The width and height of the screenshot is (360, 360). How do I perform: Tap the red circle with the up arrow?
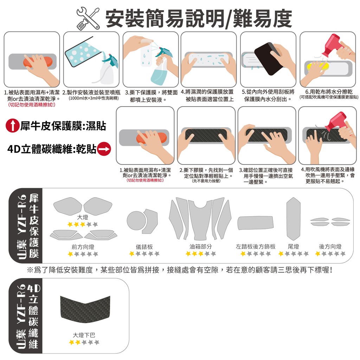pyautogui.click(x=12, y=126)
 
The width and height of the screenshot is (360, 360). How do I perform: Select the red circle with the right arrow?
pyautogui.click(x=104, y=149)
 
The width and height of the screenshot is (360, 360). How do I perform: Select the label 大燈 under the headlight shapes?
pyautogui.click(x=83, y=217)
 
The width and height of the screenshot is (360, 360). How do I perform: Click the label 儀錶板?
pyautogui.click(x=144, y=247)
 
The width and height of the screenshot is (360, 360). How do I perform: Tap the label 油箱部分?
pyautogui.click(x=200, y=246)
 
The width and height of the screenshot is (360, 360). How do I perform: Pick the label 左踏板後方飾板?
pyautogui.click(x=256, y=246)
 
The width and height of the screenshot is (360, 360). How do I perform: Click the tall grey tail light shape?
pyautogui.click(x=294, y=219)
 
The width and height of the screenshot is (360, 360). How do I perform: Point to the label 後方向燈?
pyautogui.click(x=330, y=246)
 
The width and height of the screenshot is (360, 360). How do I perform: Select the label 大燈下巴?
pyautogui.click(x=84, y=335)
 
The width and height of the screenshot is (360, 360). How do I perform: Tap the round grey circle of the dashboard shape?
pyautogui.click(x=136, y=221)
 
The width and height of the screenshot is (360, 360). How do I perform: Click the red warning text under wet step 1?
pyautogui.click(x=31, y=105)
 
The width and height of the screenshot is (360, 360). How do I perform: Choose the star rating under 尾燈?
pyautogui.click(x=293, y=253)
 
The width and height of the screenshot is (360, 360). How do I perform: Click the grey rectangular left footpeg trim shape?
pyautogui.click(x=256, y=223)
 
